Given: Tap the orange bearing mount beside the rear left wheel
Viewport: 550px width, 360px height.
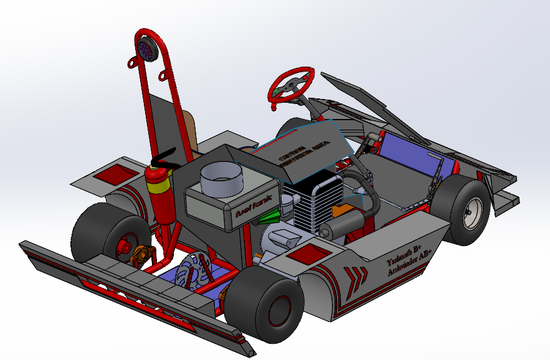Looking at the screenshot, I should coord(143,253).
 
